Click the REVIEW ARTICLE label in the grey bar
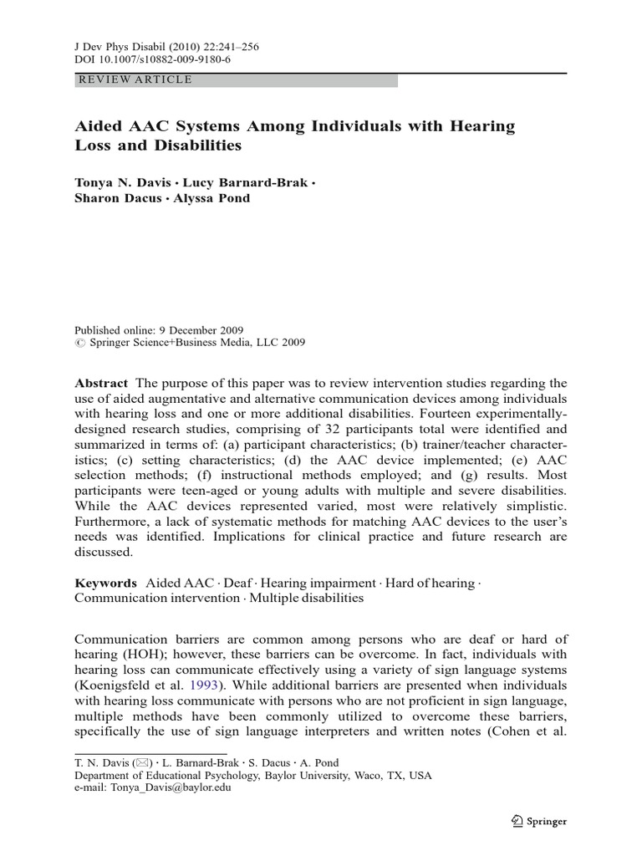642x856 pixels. [x=134, y=80]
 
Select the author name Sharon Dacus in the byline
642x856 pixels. [x=116, y=199]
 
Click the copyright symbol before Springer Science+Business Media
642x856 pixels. [x=79, y=342]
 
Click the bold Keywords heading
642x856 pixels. [x=105, y=583]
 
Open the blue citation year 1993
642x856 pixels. [x=187, y=686]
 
